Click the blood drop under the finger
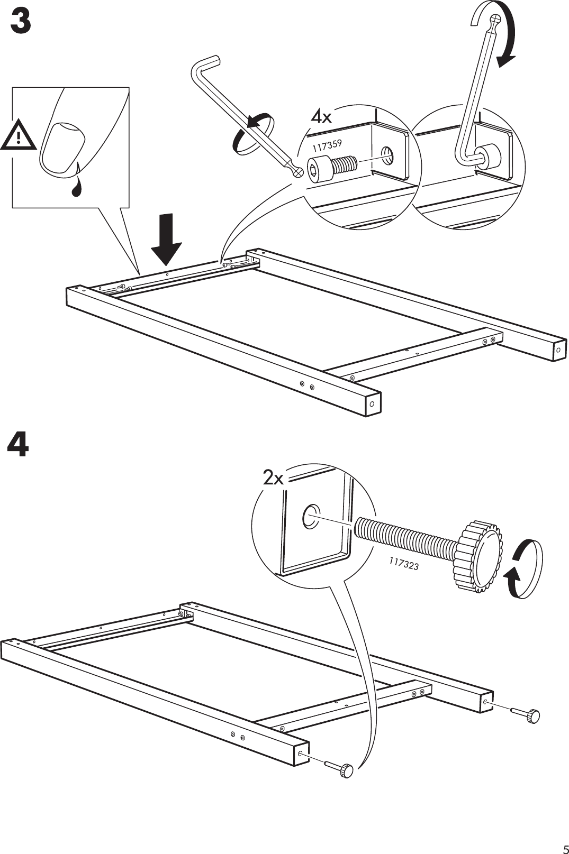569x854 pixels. coord(76,186)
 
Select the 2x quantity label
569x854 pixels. coord(273,479)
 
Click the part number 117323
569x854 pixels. coord(404,565)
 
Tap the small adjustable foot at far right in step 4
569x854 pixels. coord(532,716)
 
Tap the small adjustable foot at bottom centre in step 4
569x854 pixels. coord(346,770)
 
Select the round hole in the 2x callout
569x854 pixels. coord(310,516)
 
